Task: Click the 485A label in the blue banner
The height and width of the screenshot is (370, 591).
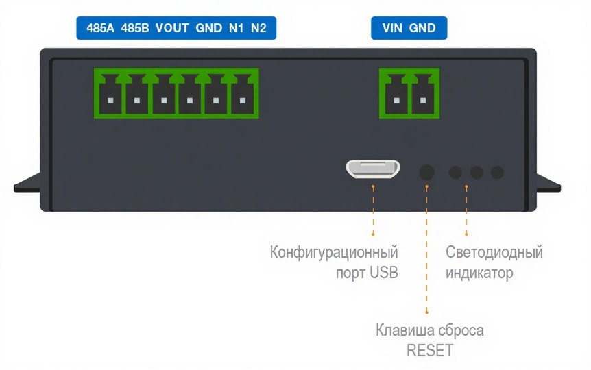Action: tap(101, 29)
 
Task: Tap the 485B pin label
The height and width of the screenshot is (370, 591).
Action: tap(135, 29)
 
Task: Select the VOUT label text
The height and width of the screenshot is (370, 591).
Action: tap(172, 29)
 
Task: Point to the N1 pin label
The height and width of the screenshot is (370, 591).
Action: tap(235, 29)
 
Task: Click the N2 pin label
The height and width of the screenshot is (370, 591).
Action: tap(258, 29)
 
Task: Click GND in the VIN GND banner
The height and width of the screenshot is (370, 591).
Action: tap(422, 29)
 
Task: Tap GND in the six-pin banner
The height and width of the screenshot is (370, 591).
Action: tap(208, 29)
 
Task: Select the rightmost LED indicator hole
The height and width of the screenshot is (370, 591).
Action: tap(498, 173)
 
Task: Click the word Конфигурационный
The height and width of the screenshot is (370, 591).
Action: tap(334, 252)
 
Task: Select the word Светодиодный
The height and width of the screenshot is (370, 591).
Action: tap(494, 252)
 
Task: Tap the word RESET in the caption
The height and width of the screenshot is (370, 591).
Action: tap(430, 351)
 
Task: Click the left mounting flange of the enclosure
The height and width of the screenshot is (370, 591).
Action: tap(27, 183)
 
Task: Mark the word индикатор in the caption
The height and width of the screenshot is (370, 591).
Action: tap(479, 273)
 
